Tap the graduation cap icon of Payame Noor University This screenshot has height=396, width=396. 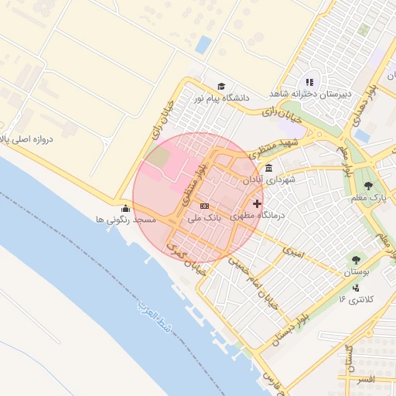pyautogui.click(x=221, y=86)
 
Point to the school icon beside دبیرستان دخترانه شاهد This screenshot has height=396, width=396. pyautogui.click(x=309, y=82)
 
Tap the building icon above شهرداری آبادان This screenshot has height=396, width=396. pyautogui.click(x=268, y=168)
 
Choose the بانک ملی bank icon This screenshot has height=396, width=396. pyautogui.click(x=204, y=206)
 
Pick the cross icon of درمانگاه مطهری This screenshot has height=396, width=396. pyautogui.click(x=257, y=203)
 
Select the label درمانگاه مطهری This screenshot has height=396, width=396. pyautogui.click(x=258, y=217)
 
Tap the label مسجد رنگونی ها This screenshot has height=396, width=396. pyautogui.click(x=125, y=220)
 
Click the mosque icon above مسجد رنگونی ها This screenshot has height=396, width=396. pyautogui.click(x=125, y=208)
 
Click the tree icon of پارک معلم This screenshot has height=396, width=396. pyautogui.click(x=368, y=186)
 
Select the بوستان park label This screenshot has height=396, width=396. pyautogui.click(x=356, y=273)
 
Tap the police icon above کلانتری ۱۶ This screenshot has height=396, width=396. pyautogui.click(x=356, y=288)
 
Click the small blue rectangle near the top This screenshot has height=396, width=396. pyautogui.click(x=203, y=45)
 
